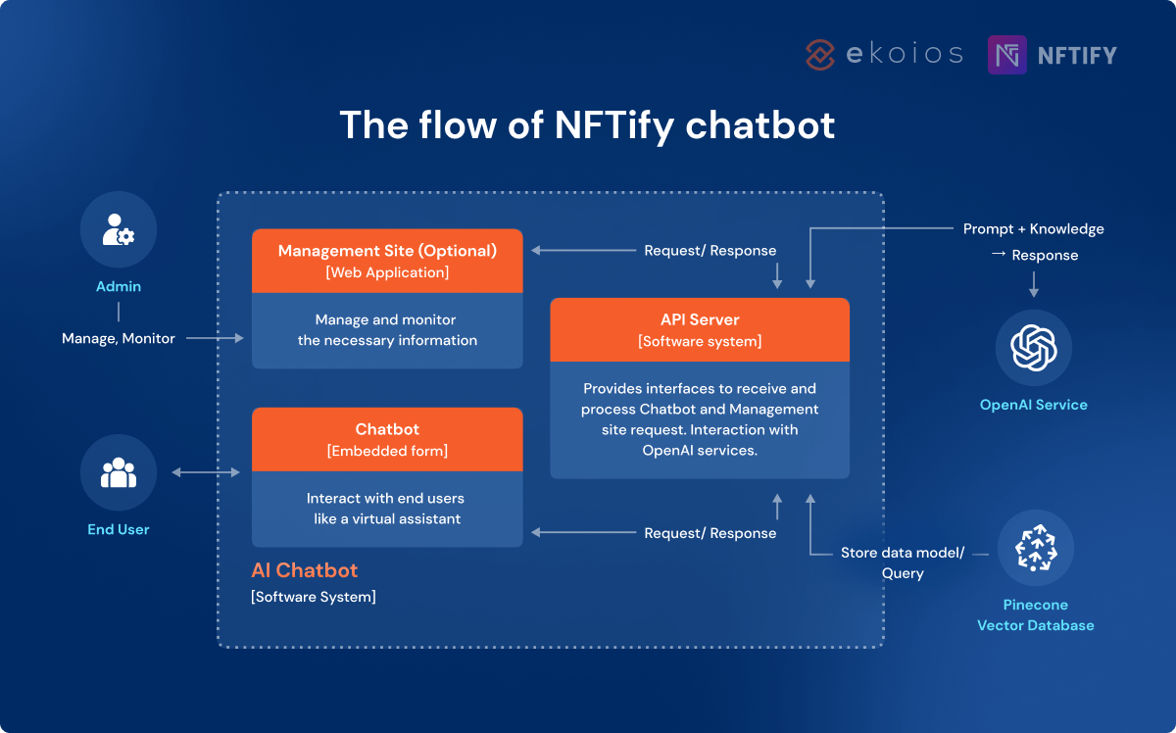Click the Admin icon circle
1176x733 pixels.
(119, 229)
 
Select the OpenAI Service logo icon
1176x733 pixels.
(1033, 348)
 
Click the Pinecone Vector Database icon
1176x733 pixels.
(1035, 548)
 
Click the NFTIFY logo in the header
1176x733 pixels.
(1053, 55)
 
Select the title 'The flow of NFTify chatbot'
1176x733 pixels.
(587, 125)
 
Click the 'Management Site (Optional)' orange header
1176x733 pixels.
(387, 261)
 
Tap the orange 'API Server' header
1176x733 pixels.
(700, 330)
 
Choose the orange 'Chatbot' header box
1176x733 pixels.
(387, 440)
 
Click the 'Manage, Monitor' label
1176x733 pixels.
(119, 338)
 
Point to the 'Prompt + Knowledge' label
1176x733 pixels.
(1033, 229)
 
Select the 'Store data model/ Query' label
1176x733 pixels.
(903, 562)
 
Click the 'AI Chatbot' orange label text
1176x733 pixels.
(305, 570)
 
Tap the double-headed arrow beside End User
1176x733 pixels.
(206, 473)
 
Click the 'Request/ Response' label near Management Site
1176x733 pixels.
(710, 251)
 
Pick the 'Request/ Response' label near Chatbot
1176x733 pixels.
(710, 533)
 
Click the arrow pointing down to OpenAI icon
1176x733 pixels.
(1033, 285)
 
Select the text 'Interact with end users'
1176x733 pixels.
(387, 498)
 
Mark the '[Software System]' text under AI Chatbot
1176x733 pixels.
(314, 596)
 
